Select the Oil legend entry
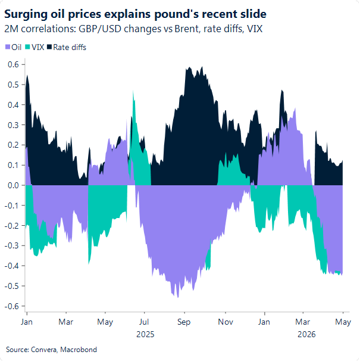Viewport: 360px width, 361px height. click(x=15, y=47)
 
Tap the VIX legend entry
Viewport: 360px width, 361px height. click(x=37, y=47)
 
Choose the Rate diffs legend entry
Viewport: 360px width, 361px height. click(x=70, y=47)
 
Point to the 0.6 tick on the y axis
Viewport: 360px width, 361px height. click(x=13, y=64)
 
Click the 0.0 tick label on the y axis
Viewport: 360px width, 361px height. click(x=13, y=185)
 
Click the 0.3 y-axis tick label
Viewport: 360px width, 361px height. click(x=13, y=125)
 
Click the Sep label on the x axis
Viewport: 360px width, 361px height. click(x=184, y=322)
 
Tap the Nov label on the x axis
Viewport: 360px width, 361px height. click(x=224, y=322)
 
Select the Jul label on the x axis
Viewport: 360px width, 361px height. click(x=145, y=322)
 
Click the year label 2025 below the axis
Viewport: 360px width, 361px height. click(x=145, y=334)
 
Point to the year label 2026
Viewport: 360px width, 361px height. click(x=306, y=334)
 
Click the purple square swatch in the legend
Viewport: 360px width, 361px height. click(x=7, y=47)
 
